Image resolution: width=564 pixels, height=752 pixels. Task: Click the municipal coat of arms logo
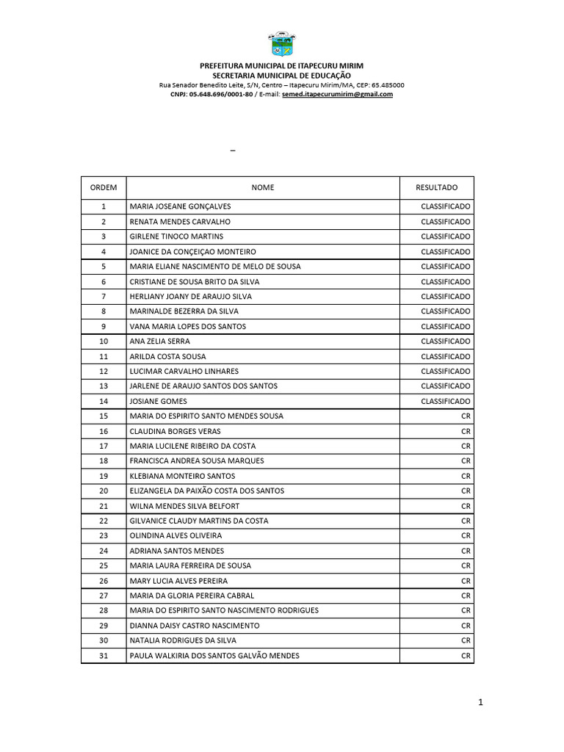point(281,45)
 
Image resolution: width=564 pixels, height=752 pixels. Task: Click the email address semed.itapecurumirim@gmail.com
point(337,94)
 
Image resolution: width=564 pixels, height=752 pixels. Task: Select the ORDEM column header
point(104,188)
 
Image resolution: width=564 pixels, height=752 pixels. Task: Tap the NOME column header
point(262,188)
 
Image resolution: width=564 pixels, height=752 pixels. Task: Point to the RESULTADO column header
point(436,188)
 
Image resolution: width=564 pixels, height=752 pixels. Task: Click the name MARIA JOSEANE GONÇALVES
point(180,206)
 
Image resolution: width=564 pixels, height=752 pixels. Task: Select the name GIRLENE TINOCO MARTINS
point(176,236)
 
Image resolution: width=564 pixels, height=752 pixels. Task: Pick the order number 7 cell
point(104,297)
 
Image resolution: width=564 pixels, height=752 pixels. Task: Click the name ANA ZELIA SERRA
point(159,341)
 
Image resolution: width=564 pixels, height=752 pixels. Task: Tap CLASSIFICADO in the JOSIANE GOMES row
point(445,401)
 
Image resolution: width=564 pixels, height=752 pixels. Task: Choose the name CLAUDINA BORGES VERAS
point(175,431)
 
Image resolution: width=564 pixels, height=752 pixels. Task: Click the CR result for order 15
point(466,416)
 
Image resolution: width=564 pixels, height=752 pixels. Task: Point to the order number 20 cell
point(104,491)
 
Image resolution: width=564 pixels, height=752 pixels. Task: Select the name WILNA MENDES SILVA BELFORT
point(184,506)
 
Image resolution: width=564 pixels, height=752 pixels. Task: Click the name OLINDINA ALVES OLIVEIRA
point(176,536)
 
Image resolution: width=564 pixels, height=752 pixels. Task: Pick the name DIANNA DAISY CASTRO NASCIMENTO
point(194,626)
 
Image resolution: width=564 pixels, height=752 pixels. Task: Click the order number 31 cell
point(104,656)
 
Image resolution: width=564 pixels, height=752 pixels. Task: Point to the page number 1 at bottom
point(480,703)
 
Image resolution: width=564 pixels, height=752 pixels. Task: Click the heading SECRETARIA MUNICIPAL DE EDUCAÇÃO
point(281,76)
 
